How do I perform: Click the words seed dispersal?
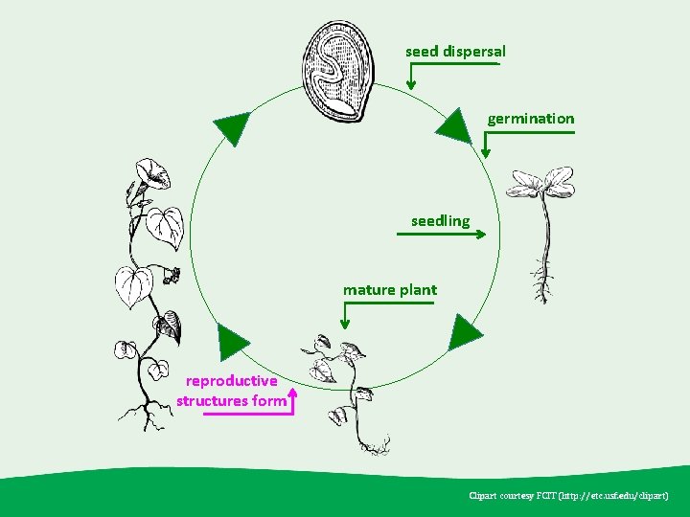tap(455, 51)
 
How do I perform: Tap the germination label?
tap(531, 119)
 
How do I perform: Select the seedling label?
tap(441, 221)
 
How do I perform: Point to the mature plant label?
tap(390, 289)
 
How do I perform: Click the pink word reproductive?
tap(232, 381)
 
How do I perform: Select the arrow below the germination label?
tap(487, 144)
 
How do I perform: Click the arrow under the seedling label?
tap(449, 233)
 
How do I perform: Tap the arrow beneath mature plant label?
tap(346, 315)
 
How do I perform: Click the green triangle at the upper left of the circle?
tap(231, 127)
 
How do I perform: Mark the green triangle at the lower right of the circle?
tap(466, 331)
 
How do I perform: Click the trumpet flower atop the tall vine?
tap(153, 176)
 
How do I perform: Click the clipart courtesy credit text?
tap(575, 496)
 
